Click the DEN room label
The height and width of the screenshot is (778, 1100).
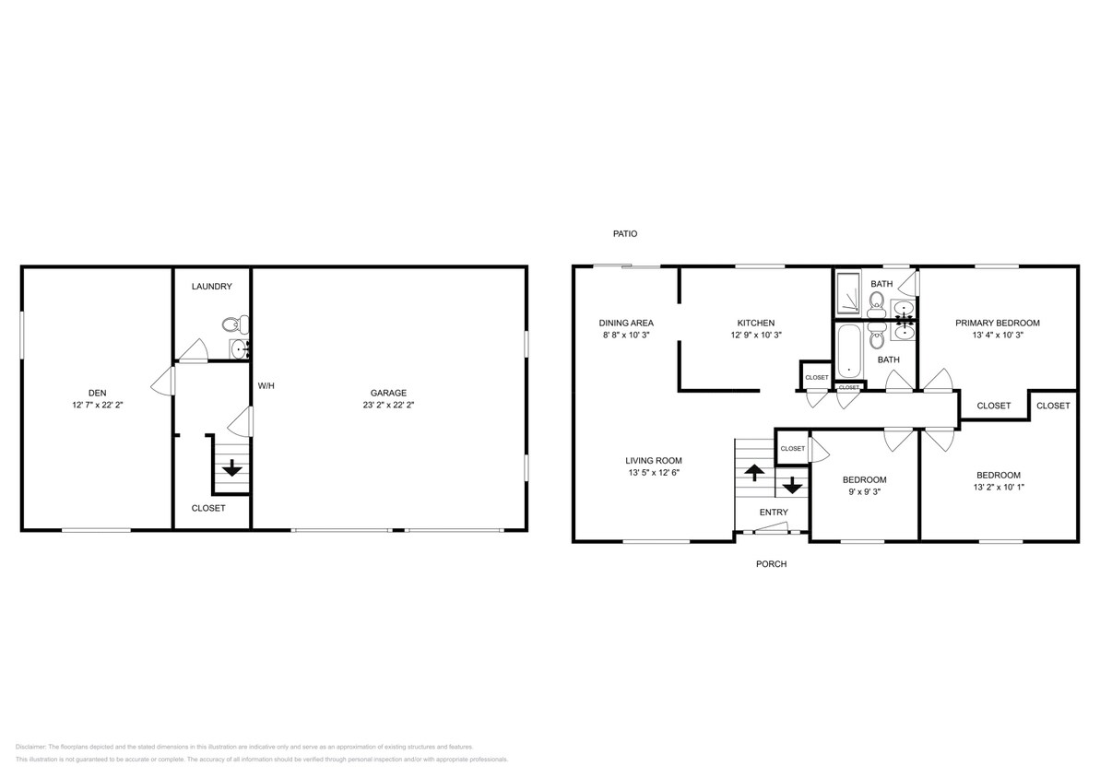[97, 392]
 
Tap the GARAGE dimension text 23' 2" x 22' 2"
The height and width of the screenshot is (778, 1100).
[388, 405]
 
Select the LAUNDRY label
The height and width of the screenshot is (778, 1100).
[211, 287]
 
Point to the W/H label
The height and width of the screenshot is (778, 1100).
[266, 385]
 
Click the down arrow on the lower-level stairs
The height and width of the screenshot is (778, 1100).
[232, 468]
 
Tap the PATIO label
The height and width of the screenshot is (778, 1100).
[625, 234]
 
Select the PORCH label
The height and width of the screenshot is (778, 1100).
[771, 564]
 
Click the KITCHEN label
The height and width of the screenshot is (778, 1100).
[755, 323]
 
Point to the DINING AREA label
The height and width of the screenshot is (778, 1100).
[626, 323]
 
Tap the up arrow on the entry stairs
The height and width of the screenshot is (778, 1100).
[753, 473]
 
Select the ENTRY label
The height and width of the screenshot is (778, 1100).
[774, 513]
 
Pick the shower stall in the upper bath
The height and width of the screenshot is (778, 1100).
[847, 294]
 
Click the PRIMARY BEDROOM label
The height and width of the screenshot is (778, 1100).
[997, 323]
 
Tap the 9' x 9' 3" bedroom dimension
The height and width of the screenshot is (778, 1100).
[864, 492]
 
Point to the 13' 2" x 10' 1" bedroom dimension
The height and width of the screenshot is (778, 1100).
[998, 487]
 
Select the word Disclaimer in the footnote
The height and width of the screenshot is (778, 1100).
[30, 747]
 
